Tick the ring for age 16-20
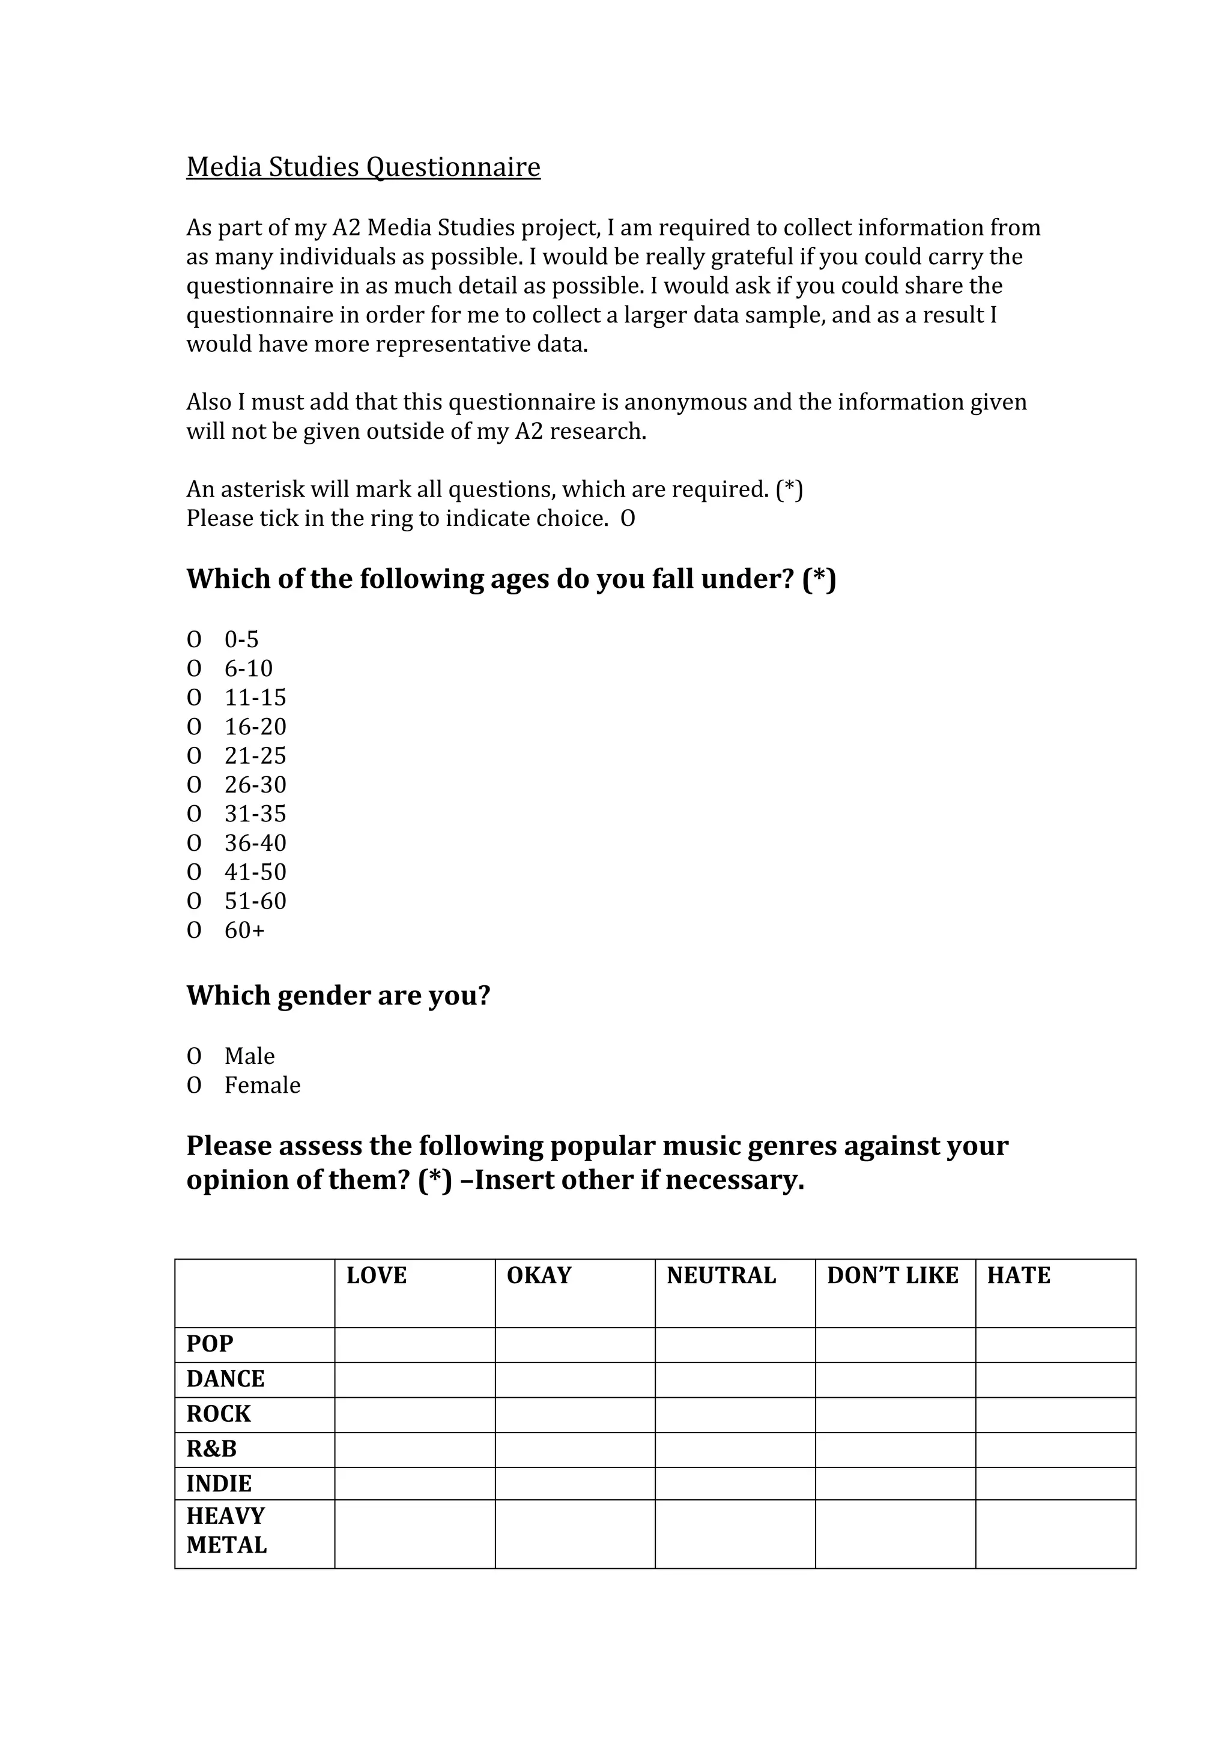click(x=194, y=727)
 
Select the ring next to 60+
click(x=194, y=930)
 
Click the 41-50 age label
click(x=255, y=872)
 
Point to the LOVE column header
click(x=377, y=1275)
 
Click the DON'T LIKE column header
click(x=892, y=1275)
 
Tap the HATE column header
click(x=1018, y=1275)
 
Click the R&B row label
click(x=211, y=1448)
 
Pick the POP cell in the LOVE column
click(x=414, y=1344)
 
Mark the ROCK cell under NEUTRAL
click(x=735, y=1414)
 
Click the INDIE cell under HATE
click(x=1055, y=1483)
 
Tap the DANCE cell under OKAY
click(x=574, y=1379)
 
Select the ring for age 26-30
click(x=194, y=785)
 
